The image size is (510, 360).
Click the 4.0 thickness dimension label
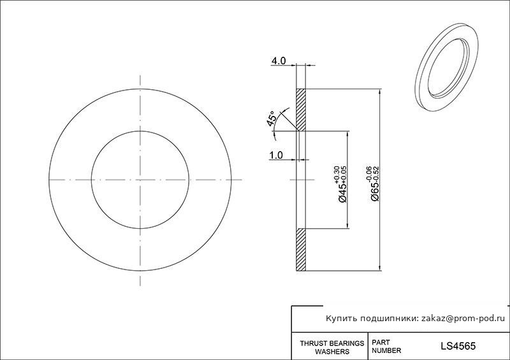click(279, 61)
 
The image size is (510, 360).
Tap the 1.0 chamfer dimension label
click(276, 155)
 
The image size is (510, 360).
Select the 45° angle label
click(272, 119)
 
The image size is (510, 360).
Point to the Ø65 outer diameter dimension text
click(375, 192)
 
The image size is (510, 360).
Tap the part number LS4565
click(458, 346)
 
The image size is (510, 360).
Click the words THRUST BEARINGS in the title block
click(331, 343)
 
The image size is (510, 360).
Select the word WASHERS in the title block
click(332, 352)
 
